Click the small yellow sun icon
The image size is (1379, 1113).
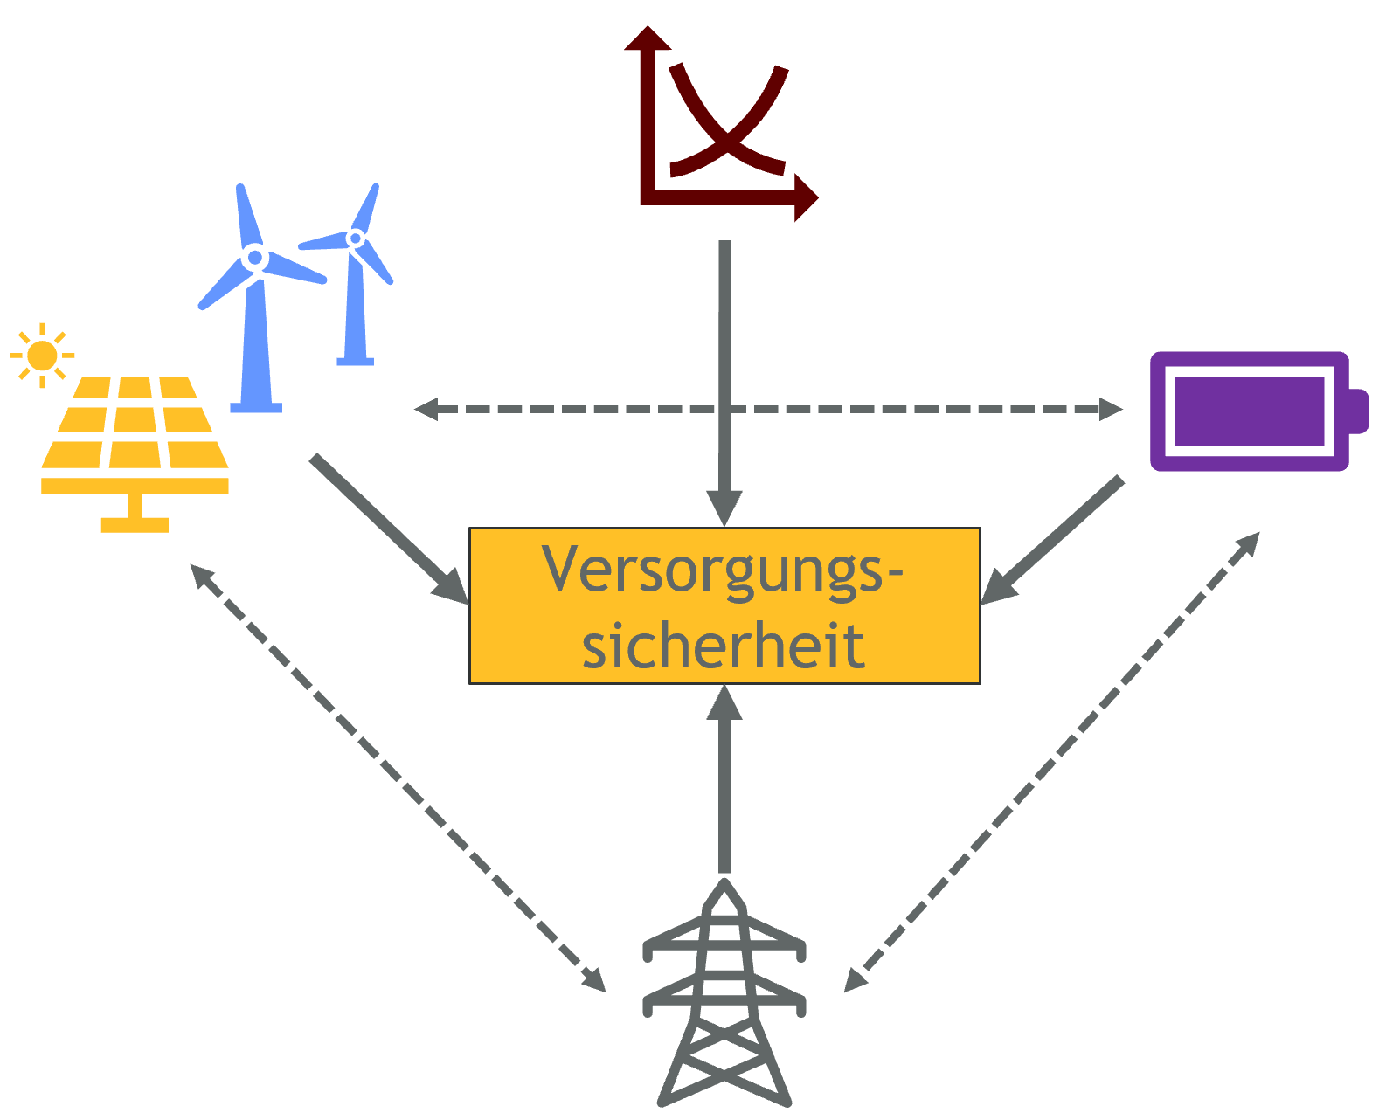42,356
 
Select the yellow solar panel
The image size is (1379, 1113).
135,453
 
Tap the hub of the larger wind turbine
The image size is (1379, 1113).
255,258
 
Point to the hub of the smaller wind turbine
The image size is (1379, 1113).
355,238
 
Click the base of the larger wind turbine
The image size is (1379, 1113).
256,407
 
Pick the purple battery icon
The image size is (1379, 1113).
1258,411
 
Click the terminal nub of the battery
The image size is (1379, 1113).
1359,411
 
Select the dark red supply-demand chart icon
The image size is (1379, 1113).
720,124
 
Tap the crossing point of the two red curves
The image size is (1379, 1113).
729,135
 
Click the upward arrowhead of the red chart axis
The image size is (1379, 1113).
648,38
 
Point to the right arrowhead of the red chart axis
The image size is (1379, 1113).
807,197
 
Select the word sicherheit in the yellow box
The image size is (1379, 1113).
724,645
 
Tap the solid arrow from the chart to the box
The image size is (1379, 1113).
724,384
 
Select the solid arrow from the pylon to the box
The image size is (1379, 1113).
724,778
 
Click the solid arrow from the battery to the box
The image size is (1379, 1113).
1052,540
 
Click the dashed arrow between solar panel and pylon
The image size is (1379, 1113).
398,778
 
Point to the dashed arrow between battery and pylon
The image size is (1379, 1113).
1051,763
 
